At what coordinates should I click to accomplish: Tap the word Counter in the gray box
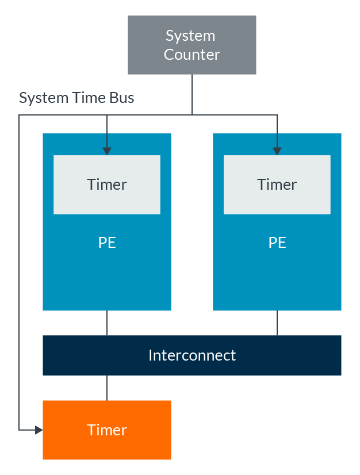click(x=192, y=55)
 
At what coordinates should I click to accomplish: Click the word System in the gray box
click(x=190, y=36)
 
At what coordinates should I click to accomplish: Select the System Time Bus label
click(x=76, y=98)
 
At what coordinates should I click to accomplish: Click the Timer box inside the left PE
click(x=107, y=185)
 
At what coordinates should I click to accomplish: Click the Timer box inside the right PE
click(x=277, y=185)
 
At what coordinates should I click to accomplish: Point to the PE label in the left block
click(x=107, y=243)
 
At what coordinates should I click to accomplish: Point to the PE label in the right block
click(x=277, y=243)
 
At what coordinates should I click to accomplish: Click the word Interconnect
click(x=192, y=355)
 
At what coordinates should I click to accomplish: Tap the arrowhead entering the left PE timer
click(x=107, y=151)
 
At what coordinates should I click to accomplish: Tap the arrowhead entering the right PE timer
click(x=277, y=151)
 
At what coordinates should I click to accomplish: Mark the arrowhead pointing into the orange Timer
click(x=39, y=430)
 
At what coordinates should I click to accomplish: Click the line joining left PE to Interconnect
click(x=107, y=323)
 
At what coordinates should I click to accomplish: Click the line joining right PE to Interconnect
click(x=277, y=323)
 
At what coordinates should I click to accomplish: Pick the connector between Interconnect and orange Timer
click(x=107, y=388)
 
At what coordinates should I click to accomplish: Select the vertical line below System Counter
click(x=192, y=94)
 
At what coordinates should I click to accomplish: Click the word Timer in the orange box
click(x=107, y=430)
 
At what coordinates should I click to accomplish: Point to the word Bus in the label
click(x=121, y=98)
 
